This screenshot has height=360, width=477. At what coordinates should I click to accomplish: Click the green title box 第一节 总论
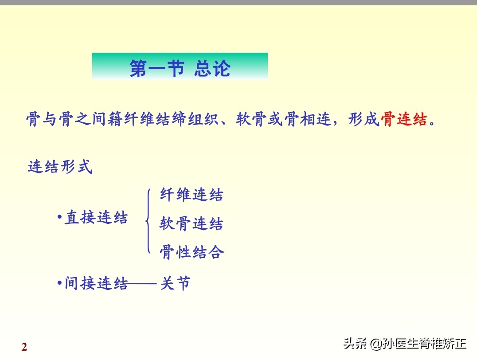(x=180, y=67)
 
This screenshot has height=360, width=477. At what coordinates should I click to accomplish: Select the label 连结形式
(x=60, y=167)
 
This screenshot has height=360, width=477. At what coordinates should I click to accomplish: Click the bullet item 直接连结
(x=96, y=218)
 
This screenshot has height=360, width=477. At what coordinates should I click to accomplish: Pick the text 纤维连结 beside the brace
(x=192, y=195)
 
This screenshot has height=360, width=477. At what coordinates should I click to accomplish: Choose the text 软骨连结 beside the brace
(x=192, y=224)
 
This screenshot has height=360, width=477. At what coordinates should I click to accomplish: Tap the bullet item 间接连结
(x=96, y=283)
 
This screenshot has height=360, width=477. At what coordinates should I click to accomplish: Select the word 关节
(x=176, y=283)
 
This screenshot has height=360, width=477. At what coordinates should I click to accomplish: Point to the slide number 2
(x=24, y=347)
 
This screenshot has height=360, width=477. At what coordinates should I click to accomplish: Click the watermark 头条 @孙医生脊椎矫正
(x=405, y=343)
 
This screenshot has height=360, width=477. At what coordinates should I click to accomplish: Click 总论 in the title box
(x=212, y=68)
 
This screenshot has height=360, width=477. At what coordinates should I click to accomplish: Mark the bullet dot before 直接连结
(x=59, y=217)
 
